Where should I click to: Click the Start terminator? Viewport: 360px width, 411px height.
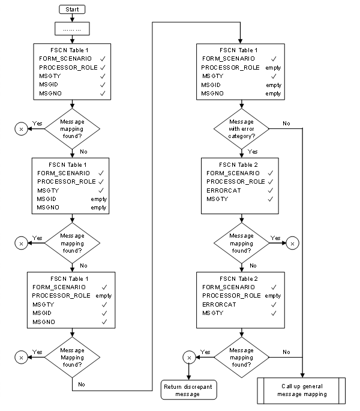coord(72,10)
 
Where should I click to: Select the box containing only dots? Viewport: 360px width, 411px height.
coord(72,29)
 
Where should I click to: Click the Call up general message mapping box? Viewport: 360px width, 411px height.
coord(302,389)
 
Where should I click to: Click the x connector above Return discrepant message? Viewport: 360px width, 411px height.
coord(190,358)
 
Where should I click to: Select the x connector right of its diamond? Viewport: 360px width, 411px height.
coord(292,243)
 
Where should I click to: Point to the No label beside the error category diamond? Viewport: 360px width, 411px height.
coord(286,123)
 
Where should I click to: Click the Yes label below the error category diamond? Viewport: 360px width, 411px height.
coord(253,152)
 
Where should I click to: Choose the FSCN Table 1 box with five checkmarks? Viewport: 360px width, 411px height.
coord(72,71)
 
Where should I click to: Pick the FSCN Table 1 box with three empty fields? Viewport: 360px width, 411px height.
coord(241,71)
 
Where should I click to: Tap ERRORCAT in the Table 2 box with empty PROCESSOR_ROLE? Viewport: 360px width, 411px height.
coord(219,304)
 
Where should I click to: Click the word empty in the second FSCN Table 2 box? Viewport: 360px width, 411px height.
coord(272,295)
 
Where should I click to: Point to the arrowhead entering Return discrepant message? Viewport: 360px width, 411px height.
coord(190,377)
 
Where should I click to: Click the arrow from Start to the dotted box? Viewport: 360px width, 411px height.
coord(72,18)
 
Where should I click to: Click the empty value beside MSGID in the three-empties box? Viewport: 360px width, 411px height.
coord(274,85)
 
